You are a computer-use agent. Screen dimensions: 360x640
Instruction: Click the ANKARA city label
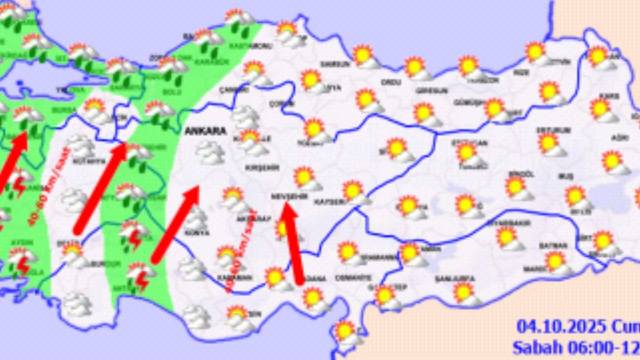point(205,131)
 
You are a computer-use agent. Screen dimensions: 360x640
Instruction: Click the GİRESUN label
point(430,91)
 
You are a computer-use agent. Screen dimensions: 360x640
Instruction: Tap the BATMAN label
point(553,245)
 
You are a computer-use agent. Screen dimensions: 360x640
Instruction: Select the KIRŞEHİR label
point(261,168)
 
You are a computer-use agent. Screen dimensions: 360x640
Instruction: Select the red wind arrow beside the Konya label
point(175,224)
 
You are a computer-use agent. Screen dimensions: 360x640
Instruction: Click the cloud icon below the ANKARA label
point(210,152)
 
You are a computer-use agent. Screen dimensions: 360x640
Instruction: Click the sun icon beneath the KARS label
point(602,110)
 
